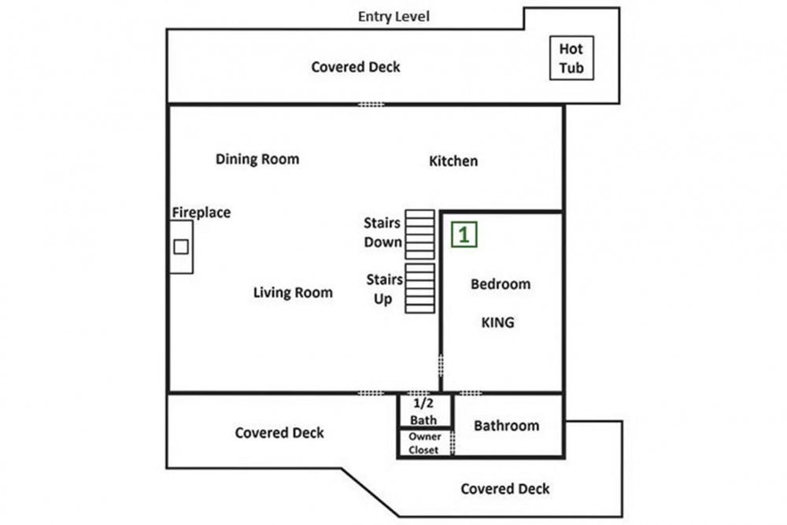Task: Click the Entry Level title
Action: [x=393, y=17]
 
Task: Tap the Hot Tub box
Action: [x=571, y=57]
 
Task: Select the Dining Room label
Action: [x=257, y=159]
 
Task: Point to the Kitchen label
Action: [x=453, y=161]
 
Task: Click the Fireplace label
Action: [x=201, y=213]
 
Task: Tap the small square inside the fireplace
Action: [x=181, y=246]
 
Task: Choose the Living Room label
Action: [x=293, y=293]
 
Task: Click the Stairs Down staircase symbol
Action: [x=420, y=235]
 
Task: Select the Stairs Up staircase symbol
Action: [x=420, y=289]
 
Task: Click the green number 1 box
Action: [x=464, y=235]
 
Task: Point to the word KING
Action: [x=498, y=322]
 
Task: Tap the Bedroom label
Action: [x=501, y=284]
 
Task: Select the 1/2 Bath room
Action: [x=425, y=411]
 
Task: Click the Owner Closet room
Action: [x=425, y=443]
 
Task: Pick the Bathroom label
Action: [x=506, y=426]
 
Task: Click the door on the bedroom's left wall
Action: [x=441, y=365]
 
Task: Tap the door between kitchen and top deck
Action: [x=371, y=105]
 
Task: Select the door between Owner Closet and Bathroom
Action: [x=453, y=442]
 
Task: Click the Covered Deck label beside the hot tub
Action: [x=356, y=67]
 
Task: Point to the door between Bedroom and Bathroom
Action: [x=470, y=393]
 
